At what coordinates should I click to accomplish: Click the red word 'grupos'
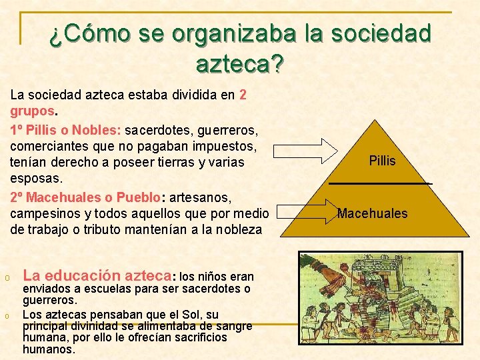click(31, 111)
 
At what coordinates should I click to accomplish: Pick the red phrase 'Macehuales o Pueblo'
click(85, 197)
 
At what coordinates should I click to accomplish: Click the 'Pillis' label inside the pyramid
click(382, 161)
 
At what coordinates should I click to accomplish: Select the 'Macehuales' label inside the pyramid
click(372, 213)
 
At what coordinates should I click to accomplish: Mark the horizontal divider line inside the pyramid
click(380, 183)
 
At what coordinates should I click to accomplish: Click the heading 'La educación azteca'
click(97, 275)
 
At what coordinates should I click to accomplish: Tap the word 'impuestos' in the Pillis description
click(220, 145)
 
